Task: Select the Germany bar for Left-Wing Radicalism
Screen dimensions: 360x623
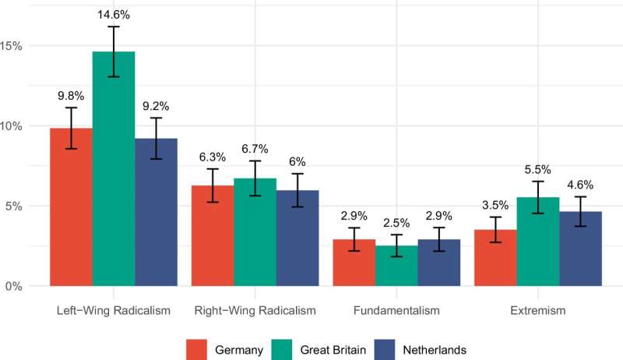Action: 71,207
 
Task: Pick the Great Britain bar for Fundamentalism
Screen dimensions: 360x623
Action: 396,266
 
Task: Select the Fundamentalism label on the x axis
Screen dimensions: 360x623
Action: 396,311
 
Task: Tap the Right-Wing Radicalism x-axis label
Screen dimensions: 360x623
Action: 255,311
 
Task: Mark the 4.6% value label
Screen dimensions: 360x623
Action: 580,185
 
